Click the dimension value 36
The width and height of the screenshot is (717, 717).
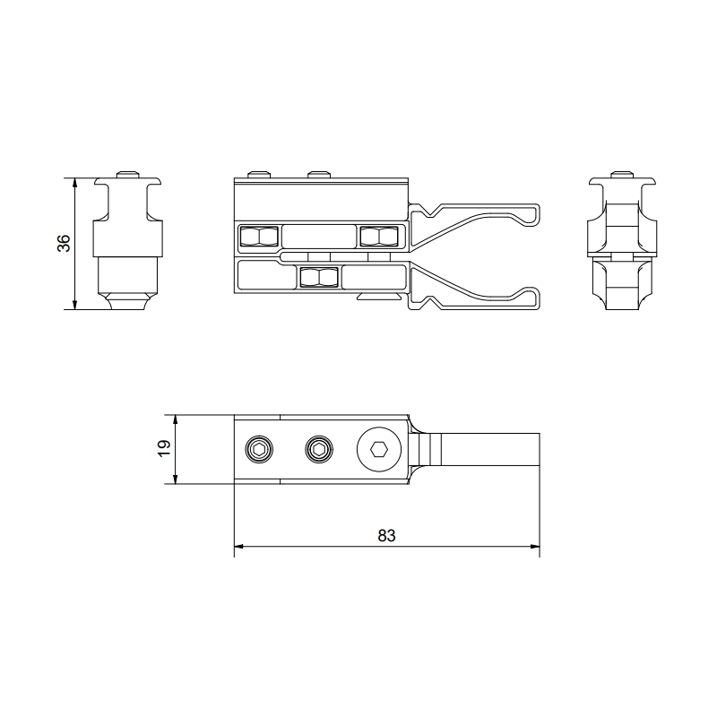64,243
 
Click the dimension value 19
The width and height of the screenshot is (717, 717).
164,448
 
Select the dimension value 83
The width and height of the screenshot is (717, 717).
386,535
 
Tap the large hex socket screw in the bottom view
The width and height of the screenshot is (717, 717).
379,450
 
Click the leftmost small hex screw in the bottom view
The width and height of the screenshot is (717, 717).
259,450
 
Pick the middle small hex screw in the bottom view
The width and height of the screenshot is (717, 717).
319,450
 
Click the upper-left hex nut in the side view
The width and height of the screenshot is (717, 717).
259,236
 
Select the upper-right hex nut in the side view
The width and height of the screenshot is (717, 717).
379,236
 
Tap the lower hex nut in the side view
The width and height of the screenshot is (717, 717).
319,278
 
